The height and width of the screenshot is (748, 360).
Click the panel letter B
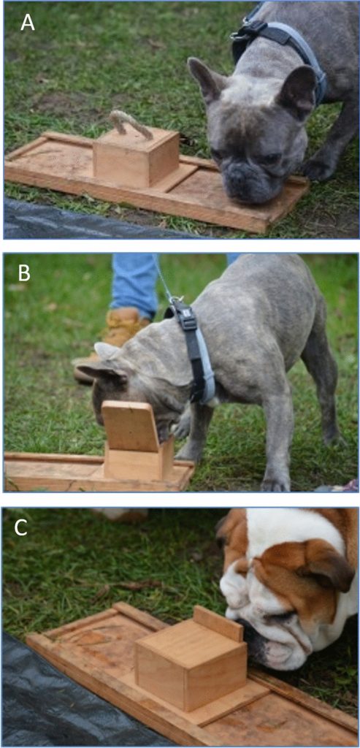point(24,275)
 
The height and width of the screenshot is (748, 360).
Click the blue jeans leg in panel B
point(135,286)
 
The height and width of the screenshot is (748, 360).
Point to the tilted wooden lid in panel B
point(131,426)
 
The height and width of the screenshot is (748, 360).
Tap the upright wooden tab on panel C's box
point(218,623)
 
